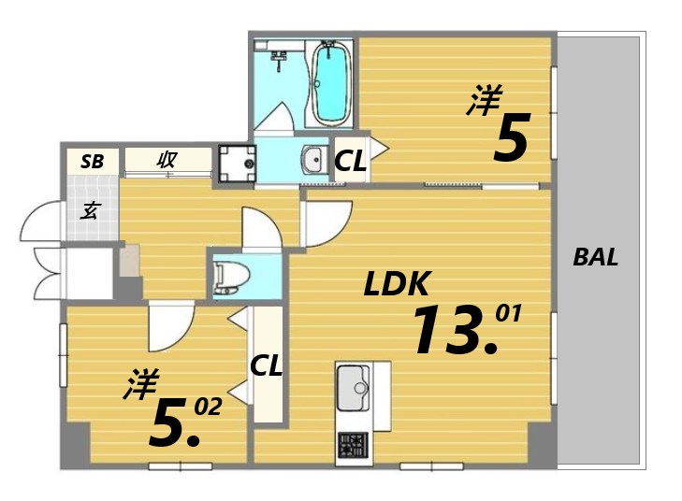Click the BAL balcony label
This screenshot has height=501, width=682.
click(595, 257)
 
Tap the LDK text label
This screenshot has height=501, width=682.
click(397, 283)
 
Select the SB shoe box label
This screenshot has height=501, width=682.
click(93, 162)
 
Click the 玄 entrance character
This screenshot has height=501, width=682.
click(91, 210)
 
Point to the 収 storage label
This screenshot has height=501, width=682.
click(167, 160)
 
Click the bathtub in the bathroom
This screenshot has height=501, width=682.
click(332, 83)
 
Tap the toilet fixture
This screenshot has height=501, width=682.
click(230, 277)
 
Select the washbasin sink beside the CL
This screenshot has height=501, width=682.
click(314, 160)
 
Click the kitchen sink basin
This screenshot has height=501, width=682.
click(354, 388)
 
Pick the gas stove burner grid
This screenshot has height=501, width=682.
click(354, 446)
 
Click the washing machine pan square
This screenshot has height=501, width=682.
click(237, 164)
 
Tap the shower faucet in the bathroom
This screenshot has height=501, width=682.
click(278, 60)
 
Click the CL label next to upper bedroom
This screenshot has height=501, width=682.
click(350, 161)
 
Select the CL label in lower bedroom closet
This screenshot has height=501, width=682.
click(267, 365)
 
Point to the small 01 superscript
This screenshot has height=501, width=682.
click(508, 313)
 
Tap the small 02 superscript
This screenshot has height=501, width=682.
click(208, 408)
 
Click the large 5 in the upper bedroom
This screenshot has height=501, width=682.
click(512, 136)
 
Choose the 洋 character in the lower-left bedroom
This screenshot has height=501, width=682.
click(141, 383)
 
